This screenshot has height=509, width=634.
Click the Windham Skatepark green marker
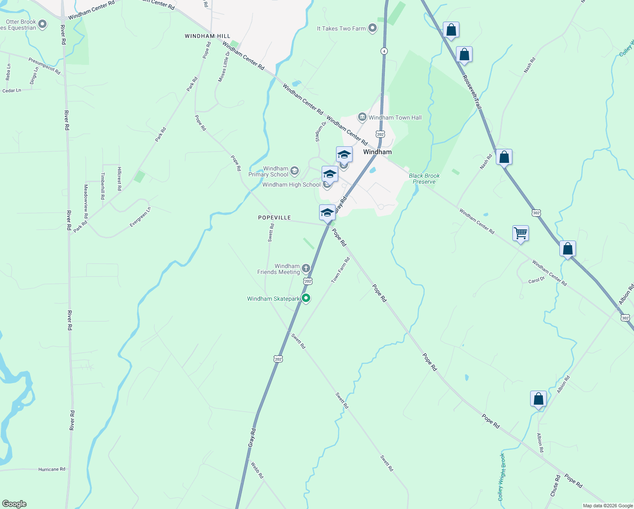(306, 298)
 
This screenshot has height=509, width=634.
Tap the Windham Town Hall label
(395, 117)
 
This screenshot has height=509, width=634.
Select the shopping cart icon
(520, 233)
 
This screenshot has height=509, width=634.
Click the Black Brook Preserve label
(424, 179)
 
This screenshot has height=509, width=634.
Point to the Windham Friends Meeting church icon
(306, 268)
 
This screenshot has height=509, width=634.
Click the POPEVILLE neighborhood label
(275, 218)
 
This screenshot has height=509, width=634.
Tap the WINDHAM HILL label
(208, 36)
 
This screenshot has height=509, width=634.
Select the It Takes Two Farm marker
(373, 28)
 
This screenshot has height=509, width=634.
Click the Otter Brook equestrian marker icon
(42, 24)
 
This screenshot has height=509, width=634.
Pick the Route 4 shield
(384, 51)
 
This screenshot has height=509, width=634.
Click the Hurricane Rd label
(52, 469)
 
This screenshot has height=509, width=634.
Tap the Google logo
(14, 504)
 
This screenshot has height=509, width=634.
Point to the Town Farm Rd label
(341, 270)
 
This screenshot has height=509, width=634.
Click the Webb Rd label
(257, 470)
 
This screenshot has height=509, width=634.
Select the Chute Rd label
(555, 486)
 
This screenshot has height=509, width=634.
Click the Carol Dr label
(536, 280)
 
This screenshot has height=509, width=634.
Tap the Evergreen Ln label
(140, 217)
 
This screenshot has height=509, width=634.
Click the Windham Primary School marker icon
(295, 171)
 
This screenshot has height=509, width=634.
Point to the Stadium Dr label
(321, 131)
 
